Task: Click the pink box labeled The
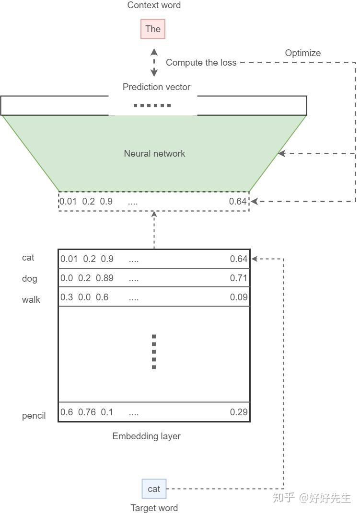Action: pyautogui.click(x=153, y=29)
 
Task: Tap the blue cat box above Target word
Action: pyautogui.click(x=154, y=489)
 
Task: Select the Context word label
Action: pyautogui.click(x=154, y=5)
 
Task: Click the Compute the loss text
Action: pyautogui.click(x=201, y=63)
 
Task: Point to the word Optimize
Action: pyautogui.click(x=302, y=53)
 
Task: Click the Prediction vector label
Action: pyautogui.click(x=156, y=87)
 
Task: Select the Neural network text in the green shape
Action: pyautogui.click(x=154, y=153)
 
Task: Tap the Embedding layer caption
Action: pyautogui.click(x=146, y=436)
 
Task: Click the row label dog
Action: pyautogui.click(x=29, y=279)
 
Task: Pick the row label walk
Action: pyautogui.click(x=31, y=300)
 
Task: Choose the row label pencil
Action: pyautogui.click(x=34, y=415)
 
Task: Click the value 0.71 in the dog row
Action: pyautogui.click(x=238, y=278)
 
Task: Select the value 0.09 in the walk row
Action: pyautogui.click(x=238, y=297)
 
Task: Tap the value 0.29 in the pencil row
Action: pyautogui.click(x=238, y=412)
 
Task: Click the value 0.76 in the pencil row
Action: pyautogui.click(x=87, y=412)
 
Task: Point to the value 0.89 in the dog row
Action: pyautogui.click(x=105, y=278)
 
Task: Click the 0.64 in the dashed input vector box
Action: pyautogui.click(x=238, y=201)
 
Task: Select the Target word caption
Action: pyautogui.click(x=154, y=508)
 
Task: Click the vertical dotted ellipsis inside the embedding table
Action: pyautogui.click(x=154, y=352)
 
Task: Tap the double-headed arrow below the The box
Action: pyautogui.click(x=154, y=62)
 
